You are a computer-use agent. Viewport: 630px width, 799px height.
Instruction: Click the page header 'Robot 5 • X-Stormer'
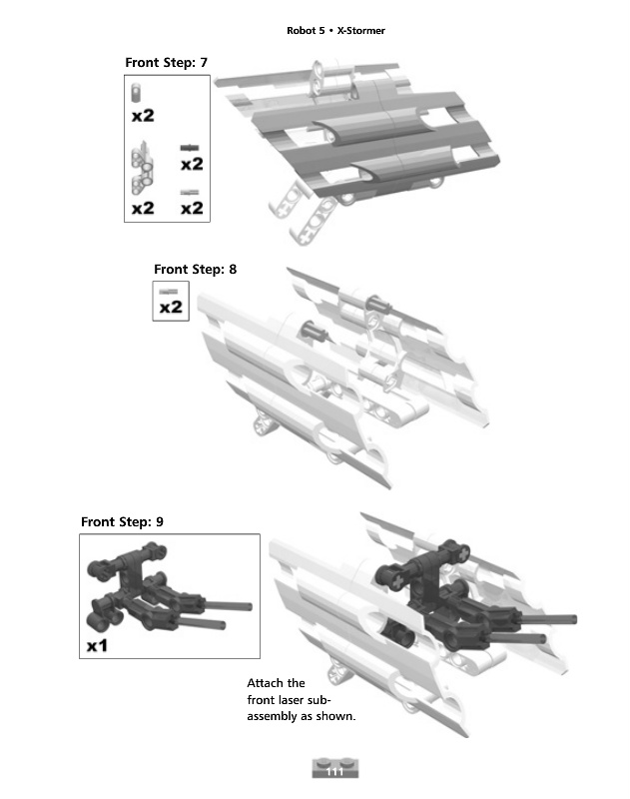pos(335,31)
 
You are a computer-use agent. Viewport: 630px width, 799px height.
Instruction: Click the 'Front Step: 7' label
pos(166,63)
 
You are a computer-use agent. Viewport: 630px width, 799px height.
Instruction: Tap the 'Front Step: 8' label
pos(195,269)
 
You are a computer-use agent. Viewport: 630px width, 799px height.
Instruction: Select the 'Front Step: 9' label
pos(122,521)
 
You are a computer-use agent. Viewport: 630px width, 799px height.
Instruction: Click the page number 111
pos(334,771)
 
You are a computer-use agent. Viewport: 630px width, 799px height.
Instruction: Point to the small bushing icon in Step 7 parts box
pos(137,93)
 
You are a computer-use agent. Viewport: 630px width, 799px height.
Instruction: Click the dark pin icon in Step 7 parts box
pos(190,148)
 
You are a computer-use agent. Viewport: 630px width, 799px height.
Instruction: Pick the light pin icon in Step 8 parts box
pos(169,292)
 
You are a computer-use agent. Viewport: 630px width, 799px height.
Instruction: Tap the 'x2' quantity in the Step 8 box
pos(171,307)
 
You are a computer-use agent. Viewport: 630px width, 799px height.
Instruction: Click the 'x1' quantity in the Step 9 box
pos(97,646)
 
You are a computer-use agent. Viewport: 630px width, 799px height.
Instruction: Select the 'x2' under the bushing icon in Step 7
pos(143,116)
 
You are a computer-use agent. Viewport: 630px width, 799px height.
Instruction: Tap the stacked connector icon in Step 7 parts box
pos(142,168)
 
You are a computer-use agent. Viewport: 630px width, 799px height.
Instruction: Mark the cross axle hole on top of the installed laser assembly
pos(463,553)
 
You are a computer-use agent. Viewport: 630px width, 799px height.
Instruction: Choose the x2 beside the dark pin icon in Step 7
pos(192,164)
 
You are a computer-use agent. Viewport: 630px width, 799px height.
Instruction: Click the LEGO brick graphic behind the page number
pos(335,768)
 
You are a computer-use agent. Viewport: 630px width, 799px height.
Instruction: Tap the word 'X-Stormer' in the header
pos(361,31)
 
